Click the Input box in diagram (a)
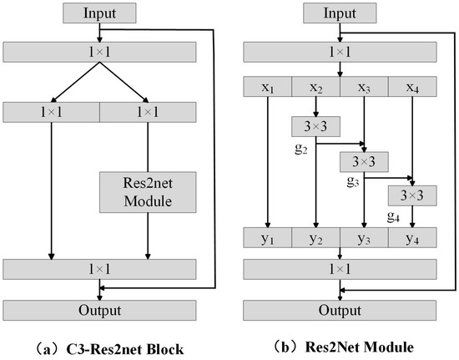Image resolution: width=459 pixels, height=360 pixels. coord(99,14)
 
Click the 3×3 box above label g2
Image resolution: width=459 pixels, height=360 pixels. coord(315,126)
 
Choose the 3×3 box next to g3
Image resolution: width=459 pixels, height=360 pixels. coord(364,160)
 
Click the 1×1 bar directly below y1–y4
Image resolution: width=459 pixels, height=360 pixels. coord(340,269)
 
